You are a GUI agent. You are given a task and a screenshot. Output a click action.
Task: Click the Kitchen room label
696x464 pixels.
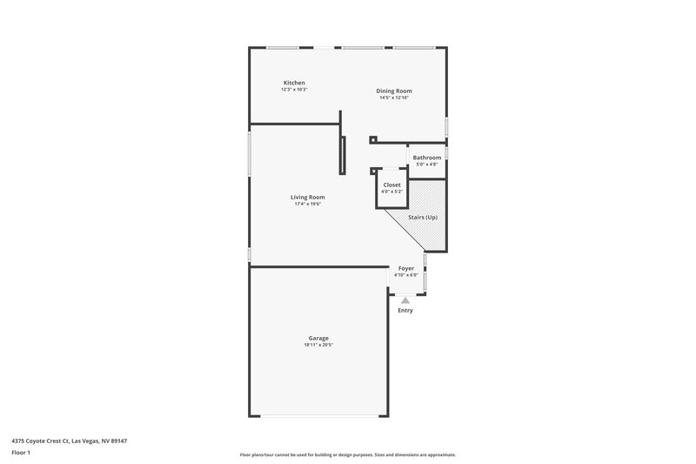[x=293, y=83]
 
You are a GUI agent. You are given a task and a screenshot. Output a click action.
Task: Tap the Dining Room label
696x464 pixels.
[x=393, y=91]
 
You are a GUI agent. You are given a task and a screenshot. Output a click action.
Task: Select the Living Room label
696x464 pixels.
[x=307, y=197]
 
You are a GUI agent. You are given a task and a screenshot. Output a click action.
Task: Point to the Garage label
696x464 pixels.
[x=318, y=338]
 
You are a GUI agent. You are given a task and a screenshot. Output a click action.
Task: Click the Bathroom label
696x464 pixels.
[x=426, y=158]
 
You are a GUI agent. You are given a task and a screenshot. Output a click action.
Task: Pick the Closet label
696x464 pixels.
[x=391, y=185]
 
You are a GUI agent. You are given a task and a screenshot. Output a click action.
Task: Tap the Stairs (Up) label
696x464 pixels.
[x=423, y=217]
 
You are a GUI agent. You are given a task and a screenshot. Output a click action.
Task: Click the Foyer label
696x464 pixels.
[x=405, y=268]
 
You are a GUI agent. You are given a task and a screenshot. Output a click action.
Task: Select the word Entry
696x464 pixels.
[x=405, y=310]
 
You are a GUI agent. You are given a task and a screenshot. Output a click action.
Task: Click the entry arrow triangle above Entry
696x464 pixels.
[x=405, y=300]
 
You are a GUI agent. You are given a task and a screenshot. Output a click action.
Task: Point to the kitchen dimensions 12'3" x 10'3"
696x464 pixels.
[x=293, y=90]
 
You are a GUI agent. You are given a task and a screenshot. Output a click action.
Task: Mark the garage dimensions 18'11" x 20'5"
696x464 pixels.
[x=318, y=345]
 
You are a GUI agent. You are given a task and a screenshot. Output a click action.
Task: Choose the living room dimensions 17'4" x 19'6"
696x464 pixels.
[x=307, y=204]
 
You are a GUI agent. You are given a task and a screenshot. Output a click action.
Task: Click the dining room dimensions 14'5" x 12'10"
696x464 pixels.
[x=393, y=98]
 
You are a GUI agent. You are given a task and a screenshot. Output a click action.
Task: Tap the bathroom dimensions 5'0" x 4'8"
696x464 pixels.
[x=426, y=165]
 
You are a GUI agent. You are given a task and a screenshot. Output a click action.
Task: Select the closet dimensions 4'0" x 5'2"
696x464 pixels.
[x=391, y=192]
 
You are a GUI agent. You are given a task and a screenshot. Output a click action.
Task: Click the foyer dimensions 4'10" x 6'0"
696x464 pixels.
[x=405, y=275]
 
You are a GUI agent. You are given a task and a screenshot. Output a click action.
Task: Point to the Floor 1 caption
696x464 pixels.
[x=21, y=453]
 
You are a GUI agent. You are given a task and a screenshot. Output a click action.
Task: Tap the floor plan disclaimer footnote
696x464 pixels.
[x=347, y=454]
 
